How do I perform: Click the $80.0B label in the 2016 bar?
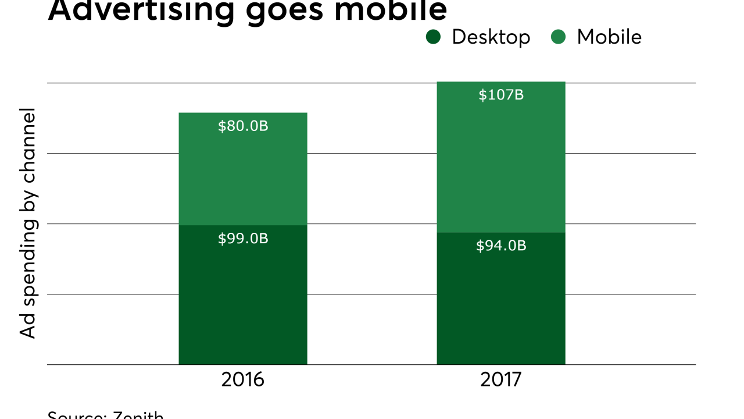[x=243, y=126]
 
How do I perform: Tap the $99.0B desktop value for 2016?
[x=243, y=239]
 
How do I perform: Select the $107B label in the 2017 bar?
[x=501, y=95]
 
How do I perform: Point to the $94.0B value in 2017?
[x=501, y=246]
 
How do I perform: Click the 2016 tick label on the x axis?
[x=243, y=379]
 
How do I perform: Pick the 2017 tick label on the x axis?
[x=501, y=379]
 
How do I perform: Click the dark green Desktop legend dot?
[x=434, y=37]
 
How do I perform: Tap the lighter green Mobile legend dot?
[x=558, y=37]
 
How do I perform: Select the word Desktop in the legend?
[x=491, y=37]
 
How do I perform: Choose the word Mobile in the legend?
[x=609, y=37]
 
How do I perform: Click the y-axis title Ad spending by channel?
[x=28, y=223]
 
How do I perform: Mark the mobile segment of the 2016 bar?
[x=243, y=175]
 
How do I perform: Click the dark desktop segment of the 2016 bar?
[x=243, y=303]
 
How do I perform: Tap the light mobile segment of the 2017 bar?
[x=501, y=163]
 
